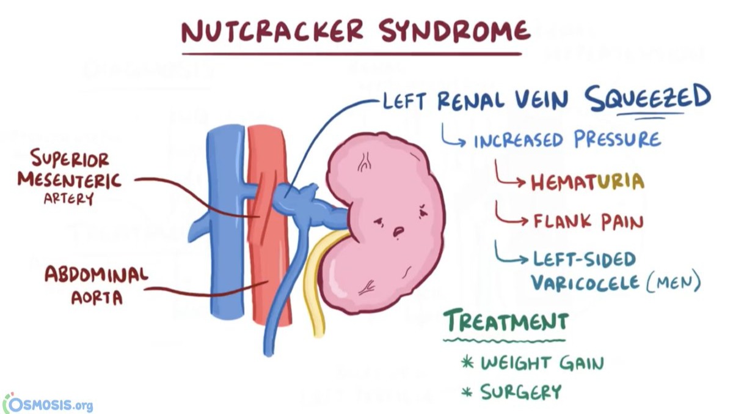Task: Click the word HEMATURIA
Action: click(x=587, y=182)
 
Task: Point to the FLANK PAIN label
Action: click(x=588, y=221)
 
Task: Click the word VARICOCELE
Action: click(x=585, y=282)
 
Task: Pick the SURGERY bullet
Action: click(x=520, y=391)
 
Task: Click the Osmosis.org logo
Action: click(x=48, y=404)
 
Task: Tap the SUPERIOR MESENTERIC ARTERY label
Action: click(x=69, y=178)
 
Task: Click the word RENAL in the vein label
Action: click(x=469, y=100)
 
